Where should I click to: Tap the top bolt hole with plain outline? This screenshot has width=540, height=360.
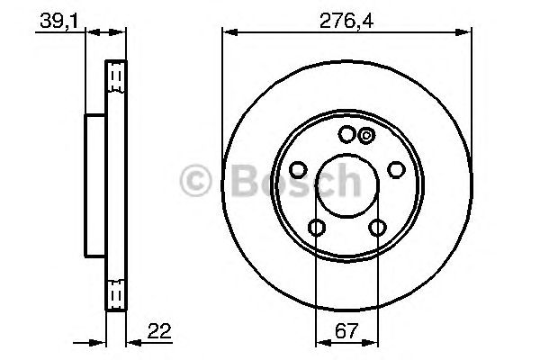(347, 135)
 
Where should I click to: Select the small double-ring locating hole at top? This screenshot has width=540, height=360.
(365, 136)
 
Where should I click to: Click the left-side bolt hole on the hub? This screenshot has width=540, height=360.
(299, 169)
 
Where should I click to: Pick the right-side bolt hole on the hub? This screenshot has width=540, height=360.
(395, 169)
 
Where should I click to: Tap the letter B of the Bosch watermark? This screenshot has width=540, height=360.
(237, 182)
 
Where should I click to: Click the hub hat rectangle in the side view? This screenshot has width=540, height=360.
(96, 184)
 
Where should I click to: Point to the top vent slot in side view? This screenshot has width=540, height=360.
(115, 78)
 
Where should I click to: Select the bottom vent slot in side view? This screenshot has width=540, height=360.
(115, 292)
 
